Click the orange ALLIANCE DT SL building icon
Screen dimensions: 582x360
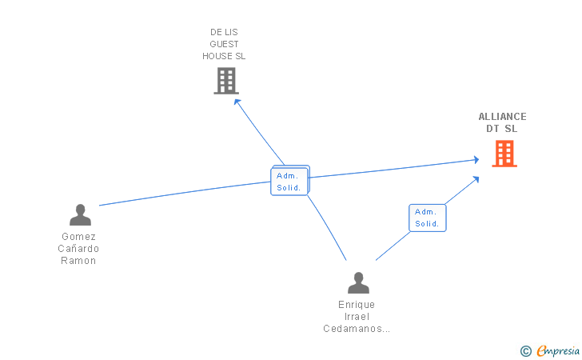[504, 154]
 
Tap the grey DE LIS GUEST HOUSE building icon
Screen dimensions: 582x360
[226, 81]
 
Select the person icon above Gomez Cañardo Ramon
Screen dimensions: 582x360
[80, 214]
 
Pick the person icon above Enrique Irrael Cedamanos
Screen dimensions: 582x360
[358, 282]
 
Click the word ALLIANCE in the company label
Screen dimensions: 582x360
[502, 117]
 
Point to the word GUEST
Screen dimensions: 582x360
[224, 44]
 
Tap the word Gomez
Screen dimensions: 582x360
[78, 237]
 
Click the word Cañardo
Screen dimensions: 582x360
[78, 249]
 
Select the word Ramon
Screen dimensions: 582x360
[78, 261]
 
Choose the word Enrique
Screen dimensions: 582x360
[357, 305]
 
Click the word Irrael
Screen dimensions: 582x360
[357, 317]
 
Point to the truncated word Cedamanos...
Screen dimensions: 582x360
[357, 329]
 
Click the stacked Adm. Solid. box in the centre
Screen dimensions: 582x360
[290, 181]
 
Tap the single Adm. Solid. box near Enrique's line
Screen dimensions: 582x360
[427, 218]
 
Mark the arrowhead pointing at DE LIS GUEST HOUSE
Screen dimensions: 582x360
[237, 102]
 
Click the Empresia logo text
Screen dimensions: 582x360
[558, 350]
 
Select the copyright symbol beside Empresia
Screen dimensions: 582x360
[525, 351]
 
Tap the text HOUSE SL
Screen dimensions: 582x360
[224, 56]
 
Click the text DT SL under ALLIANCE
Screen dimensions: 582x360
[502, 129]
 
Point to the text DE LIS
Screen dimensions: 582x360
[224, 32]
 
